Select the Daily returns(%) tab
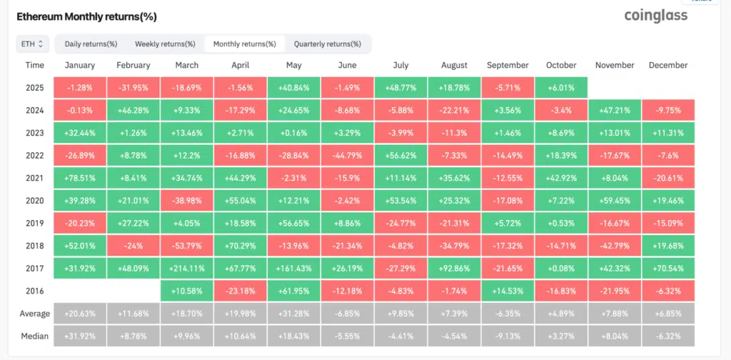click(91, 44)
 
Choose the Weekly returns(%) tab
click(165, 44)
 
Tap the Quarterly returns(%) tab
click(327, 44)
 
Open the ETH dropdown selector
click(32, 44)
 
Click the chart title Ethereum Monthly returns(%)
click(86, 16)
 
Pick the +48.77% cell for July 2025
click(400, 88)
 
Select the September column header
click(507, 65)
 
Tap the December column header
click(667, 65)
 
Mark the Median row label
click(35, 336)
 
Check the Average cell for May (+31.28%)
click(293, 314)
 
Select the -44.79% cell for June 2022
click(347, 156)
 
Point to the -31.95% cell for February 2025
click(133, 88)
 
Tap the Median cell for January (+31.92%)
click(79, 336)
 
